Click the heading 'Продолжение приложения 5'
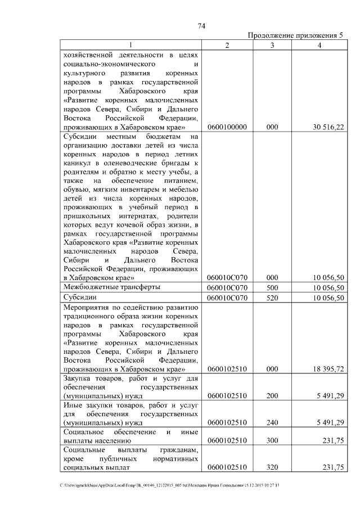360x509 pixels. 295,36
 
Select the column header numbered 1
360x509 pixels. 130,46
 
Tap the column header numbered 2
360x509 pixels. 227,46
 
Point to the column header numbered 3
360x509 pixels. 272,46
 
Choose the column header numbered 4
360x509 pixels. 319,46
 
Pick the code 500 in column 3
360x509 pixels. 272,287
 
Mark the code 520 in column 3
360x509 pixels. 272,298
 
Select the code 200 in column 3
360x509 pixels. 272,396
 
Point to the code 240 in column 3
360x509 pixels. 272,422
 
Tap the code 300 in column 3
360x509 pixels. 272,441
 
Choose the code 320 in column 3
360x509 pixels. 272,467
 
